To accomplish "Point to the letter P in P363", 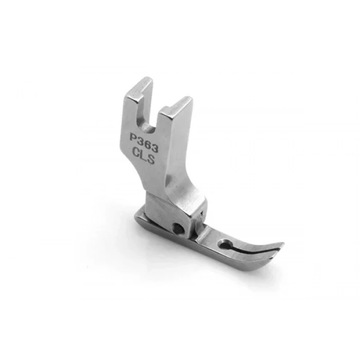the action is coord(133,137).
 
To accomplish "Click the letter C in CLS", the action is coord(137,152).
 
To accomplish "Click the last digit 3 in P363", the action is coord(155,149).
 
